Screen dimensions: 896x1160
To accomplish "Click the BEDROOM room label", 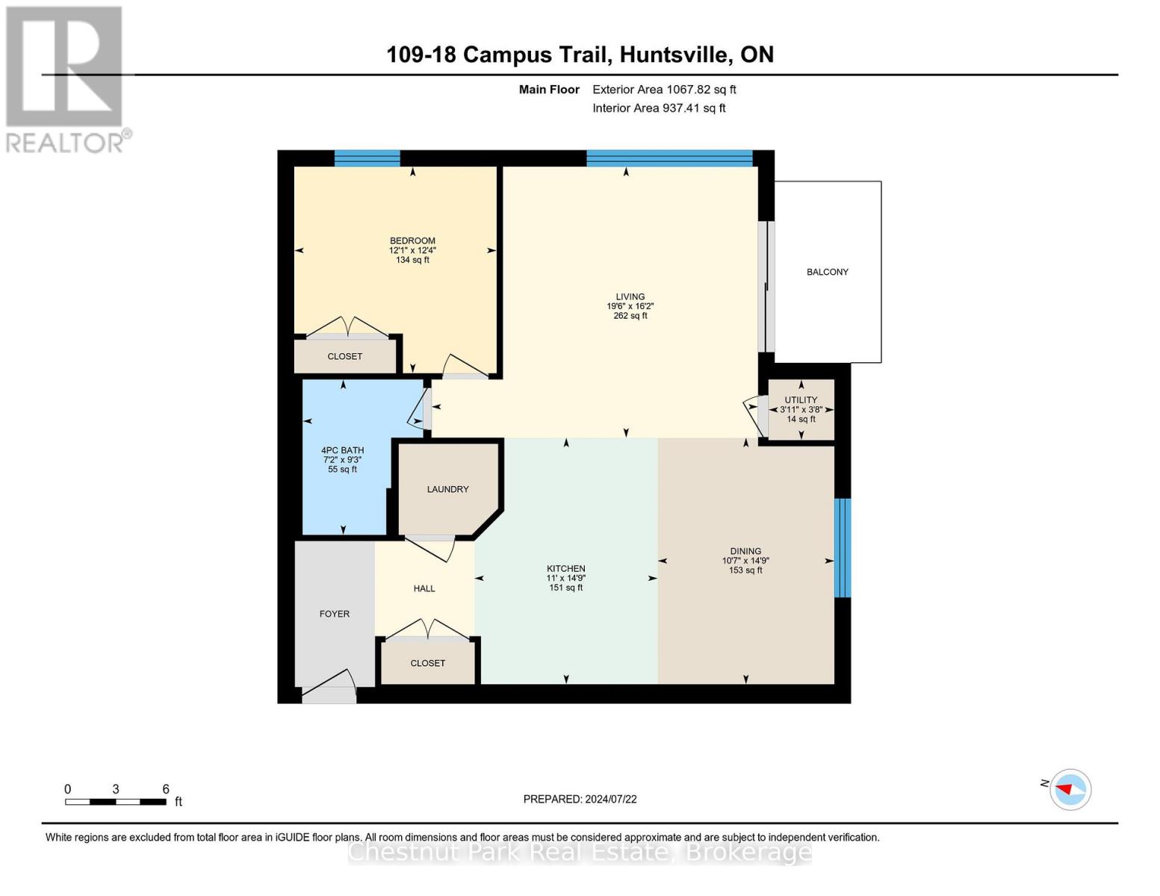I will pyautogui.click(x=412, y=241).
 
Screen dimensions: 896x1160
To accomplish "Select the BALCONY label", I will pyautogui.click(x=827, y=272).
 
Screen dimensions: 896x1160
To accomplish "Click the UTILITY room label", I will pyautogui.click(x=801, y=400).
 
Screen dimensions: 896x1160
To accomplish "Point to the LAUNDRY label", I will pyautogui.click(x=447, y=489).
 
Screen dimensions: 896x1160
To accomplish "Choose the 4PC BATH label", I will pyautogui.click(x=342, y=450).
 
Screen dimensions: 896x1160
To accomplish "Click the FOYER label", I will pyautogui.click(x=334, y=614).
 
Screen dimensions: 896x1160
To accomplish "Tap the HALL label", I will pyautogui.click(x=424, y=588).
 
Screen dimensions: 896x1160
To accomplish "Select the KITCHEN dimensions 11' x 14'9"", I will pyautogui.click(x=565, y=578).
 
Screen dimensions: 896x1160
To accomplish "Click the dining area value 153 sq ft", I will pyautogui.click(x=745, y=570).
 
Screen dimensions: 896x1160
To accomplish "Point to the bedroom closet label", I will pyautogui.click(x=344, y=356).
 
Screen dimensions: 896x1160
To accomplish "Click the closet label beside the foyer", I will pyautogui.click(x=427, y=663).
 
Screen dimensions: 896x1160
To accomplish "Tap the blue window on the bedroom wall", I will pyautogui.click(x=367, y=158).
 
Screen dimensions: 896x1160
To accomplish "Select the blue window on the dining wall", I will pyautogui.click(x=842, y=547).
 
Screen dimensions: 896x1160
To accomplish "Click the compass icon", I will pyautogui.click(x=1070, y=789).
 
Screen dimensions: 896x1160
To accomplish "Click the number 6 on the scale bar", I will pyautogui.click(x=166, y=789).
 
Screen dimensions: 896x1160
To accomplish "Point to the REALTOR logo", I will pyautogui.click(x=66, y=78).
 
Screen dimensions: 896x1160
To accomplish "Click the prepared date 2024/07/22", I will pyautogui.click(x=610, y=799).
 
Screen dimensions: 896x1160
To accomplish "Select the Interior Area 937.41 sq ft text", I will pyautogui.click(x=659, y=108).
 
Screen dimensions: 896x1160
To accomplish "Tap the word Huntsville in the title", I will pyautogui.click(x=675, y=55).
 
